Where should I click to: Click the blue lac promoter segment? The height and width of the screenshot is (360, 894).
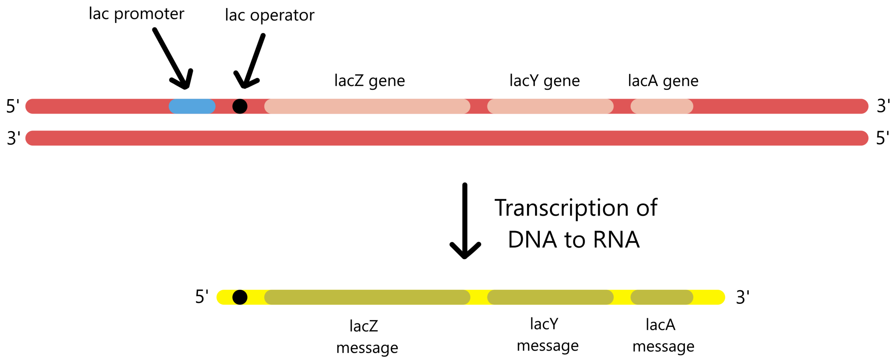click(x=192, y=106)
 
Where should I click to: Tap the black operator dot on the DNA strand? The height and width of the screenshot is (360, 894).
click(x=240, y=106)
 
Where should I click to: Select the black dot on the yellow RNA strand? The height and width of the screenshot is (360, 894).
click(x=240, y=297)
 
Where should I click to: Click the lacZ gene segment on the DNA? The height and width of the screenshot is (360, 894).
click(x=367, y=106)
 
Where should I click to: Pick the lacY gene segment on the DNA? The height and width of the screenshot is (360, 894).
click(x=550, y=106)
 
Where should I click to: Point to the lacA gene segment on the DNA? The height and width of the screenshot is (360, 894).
click(x=662, y=106)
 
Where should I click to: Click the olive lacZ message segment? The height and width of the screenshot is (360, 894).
click(x=367, y=297)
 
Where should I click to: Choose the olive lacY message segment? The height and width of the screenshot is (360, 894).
click(x=550, y=297)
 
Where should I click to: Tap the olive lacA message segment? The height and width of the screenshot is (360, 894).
click(x=662, y=297)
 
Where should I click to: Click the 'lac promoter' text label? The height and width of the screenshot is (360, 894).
click(x=136, y=14)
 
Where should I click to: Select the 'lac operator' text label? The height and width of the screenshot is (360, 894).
click(x=269, y=15)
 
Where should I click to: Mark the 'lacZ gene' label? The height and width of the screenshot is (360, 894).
click(x=370, y=80)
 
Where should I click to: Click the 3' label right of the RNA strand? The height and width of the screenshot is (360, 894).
click(x=742, y=297)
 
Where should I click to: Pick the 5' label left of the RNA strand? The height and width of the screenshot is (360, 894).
click(x=202, y=297)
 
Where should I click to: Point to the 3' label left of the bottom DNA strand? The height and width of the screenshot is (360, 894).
click(x=14, y=138)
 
